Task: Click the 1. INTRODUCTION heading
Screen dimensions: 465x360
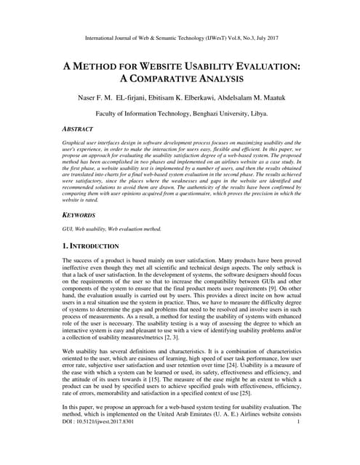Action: pos(97,247)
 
